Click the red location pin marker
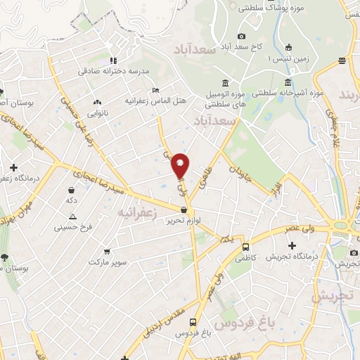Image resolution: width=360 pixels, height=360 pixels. pos(181,165)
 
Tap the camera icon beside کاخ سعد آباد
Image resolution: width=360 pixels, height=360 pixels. pos(241,36)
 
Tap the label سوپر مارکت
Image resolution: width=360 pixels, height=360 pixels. pos(108,262)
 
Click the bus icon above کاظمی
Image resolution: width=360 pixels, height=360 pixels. pos(245,247)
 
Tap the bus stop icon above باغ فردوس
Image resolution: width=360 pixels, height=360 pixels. pos(202,321)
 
